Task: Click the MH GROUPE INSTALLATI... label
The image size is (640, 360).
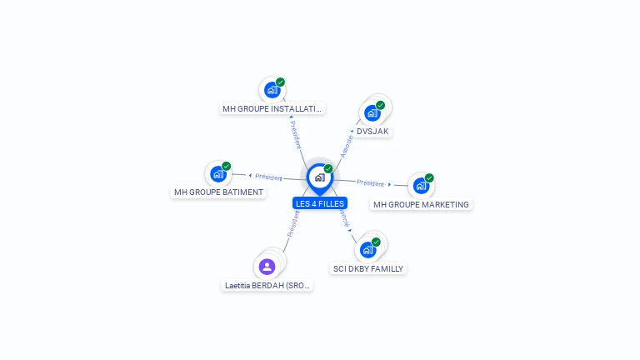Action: (272, 109)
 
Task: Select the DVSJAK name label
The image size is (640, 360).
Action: (372, 132)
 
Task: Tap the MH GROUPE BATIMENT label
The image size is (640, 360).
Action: (218, 192)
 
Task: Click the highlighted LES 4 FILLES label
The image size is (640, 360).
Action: (320, 203)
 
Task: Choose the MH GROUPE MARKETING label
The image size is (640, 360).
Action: (421, 204)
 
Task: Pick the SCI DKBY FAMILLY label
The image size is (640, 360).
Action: (367, 268)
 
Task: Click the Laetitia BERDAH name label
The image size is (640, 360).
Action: (267, 286)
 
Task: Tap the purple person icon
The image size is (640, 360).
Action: (267, 267)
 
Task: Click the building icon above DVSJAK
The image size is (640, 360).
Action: (372, 113)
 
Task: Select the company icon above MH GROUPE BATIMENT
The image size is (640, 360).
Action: (218, 174)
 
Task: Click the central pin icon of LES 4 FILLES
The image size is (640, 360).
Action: (320, 179)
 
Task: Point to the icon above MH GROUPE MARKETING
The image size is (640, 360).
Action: (421, 186)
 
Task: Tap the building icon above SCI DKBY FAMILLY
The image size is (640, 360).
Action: (367, 250)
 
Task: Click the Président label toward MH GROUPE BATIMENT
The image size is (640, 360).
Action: (268, 177)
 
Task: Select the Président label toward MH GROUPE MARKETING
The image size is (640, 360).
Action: (371, 183)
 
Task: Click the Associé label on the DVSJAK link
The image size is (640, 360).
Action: (347, 147)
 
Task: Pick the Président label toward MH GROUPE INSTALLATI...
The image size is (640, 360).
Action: (296, 135)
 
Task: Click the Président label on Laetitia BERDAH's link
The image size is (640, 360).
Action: (293, 224)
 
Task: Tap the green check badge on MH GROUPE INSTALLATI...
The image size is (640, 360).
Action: (280, 82)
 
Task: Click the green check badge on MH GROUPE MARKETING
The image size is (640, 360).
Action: (429, 178)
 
